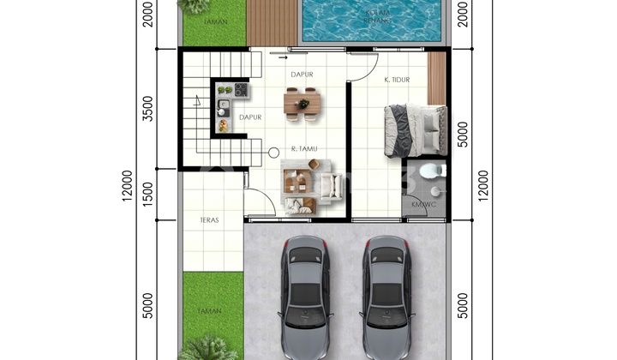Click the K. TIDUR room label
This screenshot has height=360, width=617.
tap(397, 80)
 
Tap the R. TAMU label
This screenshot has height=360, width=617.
tap(305, 149)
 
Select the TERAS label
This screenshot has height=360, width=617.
tap(210, 220)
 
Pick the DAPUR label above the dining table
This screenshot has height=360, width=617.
tap(302, 75)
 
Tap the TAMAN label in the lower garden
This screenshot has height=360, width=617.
tap(210, 311)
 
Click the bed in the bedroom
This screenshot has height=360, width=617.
tap(415, 130)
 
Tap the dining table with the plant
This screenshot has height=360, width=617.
tap(303, 103)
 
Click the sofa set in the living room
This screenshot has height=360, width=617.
tap(302, 187)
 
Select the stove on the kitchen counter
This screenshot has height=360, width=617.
tap(241, 89)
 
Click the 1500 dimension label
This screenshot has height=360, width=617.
tap(147, 194)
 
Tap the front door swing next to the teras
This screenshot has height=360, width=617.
tap(260, 202)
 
